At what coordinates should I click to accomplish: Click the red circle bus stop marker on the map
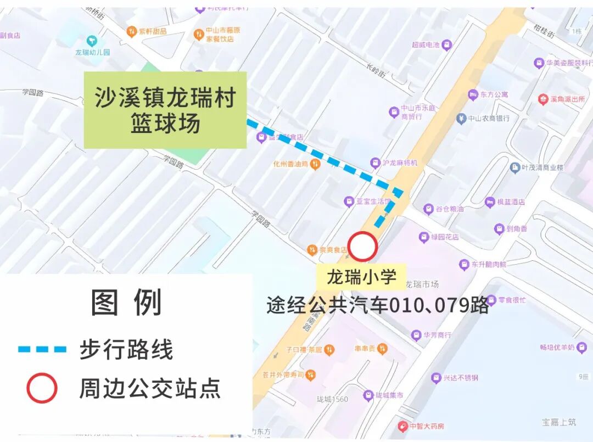pos(362,247)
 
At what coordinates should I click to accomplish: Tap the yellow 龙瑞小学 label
pos(361,276)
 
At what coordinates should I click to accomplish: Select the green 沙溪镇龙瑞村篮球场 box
pos(165,110)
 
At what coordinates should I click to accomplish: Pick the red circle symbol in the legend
pos(42,388)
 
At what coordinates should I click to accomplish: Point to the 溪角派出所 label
pos(567,99)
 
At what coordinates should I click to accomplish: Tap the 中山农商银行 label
pos(489,118)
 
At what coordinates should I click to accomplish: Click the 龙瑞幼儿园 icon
pos(92,41)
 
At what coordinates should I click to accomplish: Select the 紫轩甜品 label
pos(152,32)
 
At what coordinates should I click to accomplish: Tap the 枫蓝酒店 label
pos(510,202)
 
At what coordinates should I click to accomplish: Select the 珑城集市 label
pos(389,395)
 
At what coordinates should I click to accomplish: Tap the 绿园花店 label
pos(444,237)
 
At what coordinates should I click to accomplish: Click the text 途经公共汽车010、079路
pos(377,305)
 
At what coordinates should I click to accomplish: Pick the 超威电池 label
pos(426,44)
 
